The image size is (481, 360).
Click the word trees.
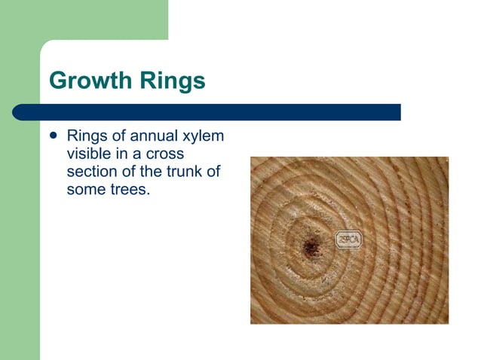129,188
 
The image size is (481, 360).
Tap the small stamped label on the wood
348,239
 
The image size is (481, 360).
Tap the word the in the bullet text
160,171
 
